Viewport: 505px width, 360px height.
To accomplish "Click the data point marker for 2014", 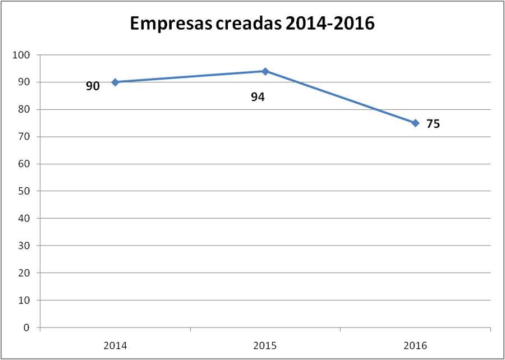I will click(115, 82).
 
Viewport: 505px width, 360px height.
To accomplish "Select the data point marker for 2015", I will click(265, 71).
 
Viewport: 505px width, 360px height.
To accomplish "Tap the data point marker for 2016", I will click(415, 123).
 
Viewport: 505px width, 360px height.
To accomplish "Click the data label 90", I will click(93, 86).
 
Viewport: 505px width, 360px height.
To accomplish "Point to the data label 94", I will click(258, 97).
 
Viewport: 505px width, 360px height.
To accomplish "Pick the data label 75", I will click(433, 124).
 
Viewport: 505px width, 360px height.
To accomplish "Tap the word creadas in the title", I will click(252, 24).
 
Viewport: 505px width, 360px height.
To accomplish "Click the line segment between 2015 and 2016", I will click(340, 97).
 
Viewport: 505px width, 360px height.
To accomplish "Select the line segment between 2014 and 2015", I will click(190, 77).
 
